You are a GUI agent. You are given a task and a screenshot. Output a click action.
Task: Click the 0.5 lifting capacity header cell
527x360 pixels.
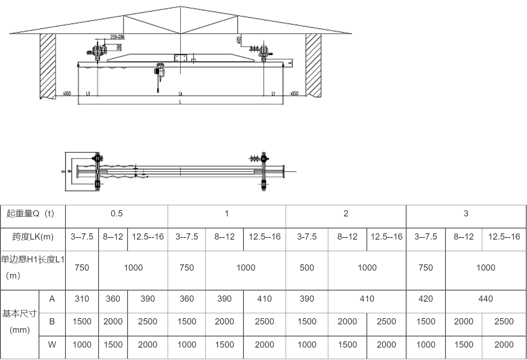coord(117,214)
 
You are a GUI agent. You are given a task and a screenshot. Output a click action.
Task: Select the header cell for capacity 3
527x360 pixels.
coord(466,214)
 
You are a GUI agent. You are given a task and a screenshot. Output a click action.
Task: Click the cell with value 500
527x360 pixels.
coord(307,268)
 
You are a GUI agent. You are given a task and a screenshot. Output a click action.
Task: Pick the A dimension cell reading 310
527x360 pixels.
coord(82,299)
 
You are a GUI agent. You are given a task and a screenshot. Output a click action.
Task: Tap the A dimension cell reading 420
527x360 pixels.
coord(426,299)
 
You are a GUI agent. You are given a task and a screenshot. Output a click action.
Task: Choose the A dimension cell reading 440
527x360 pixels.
coord(486,299)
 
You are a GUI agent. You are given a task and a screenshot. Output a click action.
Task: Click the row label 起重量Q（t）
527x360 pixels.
coord(30,214)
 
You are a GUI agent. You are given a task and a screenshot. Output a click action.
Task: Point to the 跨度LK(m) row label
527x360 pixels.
coord(33,237)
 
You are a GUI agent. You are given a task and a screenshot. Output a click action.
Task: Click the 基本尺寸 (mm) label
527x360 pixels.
coord(19,322)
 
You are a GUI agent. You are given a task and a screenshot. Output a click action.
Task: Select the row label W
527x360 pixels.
coord(52,345)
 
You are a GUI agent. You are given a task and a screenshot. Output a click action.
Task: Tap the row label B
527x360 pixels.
coord(52,322)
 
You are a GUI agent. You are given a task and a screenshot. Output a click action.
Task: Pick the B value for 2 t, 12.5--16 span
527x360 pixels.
coord(386,322)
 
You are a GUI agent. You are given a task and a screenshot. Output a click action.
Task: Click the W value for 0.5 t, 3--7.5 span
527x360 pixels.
coord(82,345)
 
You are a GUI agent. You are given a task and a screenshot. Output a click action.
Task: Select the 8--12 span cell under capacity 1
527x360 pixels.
coord(224,237)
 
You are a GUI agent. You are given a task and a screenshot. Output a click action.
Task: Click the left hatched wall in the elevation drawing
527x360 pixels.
coord(48,66)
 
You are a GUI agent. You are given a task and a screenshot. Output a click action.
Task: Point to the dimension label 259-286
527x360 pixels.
coord(118,37)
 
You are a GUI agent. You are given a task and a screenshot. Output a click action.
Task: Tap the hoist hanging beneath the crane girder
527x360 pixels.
coord(160,72)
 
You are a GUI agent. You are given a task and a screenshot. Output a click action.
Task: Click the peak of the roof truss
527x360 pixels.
coord(181,7)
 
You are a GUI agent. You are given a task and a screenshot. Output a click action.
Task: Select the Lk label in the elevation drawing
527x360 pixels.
coord(180,94)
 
